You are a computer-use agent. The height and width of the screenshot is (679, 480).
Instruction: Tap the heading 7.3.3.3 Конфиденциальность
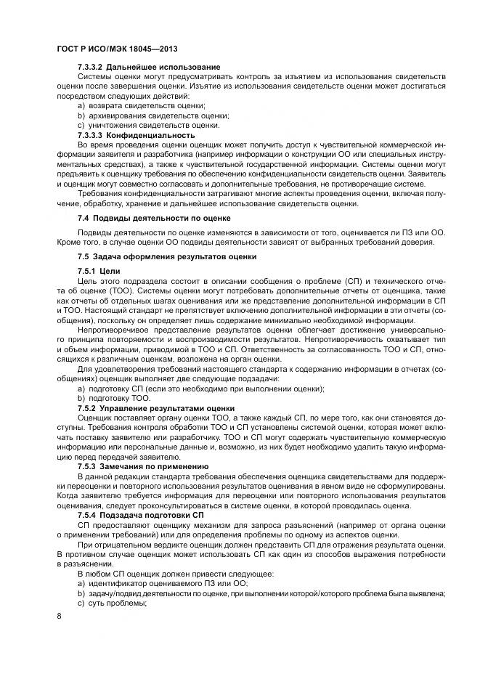[136, 135]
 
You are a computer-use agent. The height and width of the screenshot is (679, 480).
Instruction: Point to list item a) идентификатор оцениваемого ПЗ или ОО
[160, 583]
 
